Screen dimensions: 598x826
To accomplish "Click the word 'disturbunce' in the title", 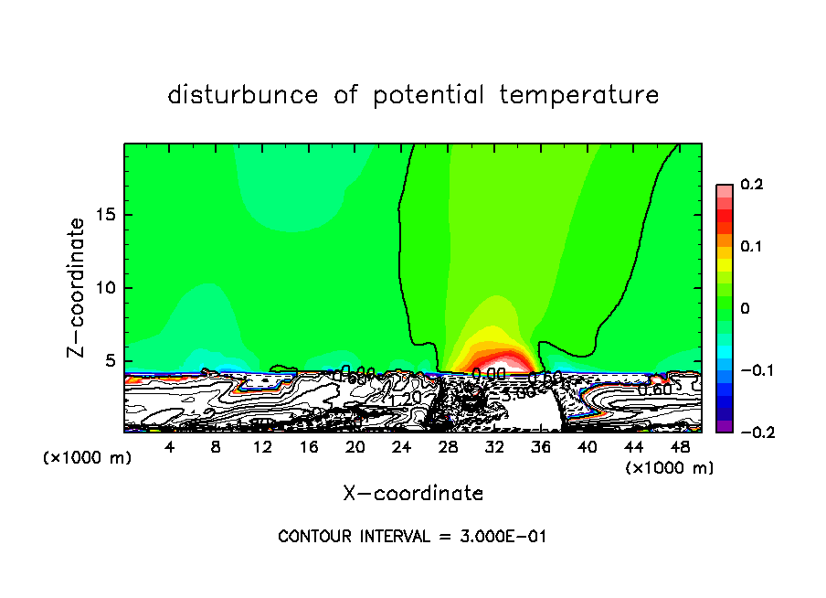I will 243,95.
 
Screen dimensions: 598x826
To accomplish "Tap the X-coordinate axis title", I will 413,494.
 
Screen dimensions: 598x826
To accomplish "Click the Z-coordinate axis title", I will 77,287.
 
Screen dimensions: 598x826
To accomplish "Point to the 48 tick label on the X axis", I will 679,448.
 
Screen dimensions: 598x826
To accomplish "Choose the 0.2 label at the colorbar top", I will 751,185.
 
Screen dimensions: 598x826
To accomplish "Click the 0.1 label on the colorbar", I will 751,247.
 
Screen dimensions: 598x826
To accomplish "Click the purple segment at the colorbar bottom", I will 725,426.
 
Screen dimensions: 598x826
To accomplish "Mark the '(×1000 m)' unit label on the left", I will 88,458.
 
